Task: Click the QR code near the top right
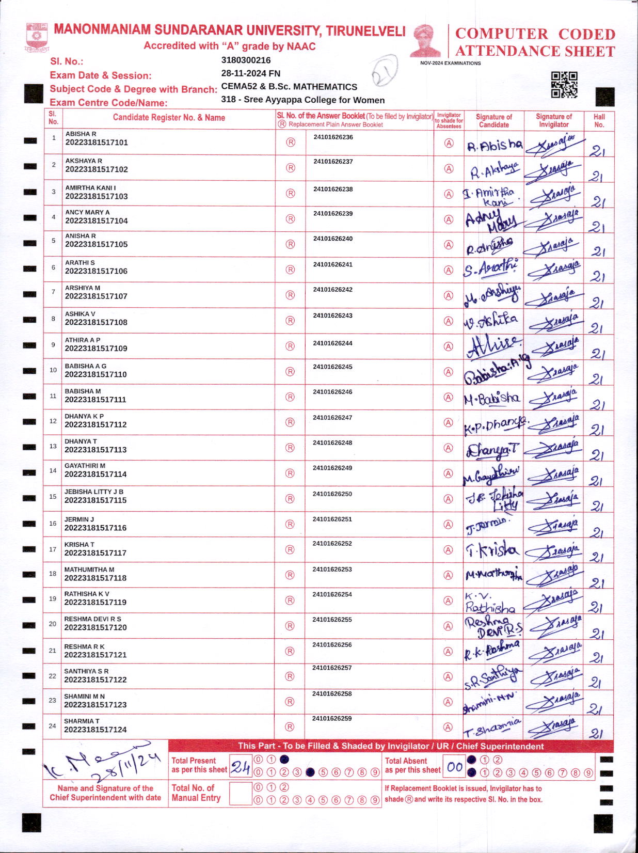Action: [564, 85]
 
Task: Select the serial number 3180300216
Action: [246, 60]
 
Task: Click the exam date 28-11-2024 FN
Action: [251, 73]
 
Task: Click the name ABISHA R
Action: [81, 134]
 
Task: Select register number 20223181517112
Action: [95, 424]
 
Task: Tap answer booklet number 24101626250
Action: [332, 494]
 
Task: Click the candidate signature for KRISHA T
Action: [492, 550]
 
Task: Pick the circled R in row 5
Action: [291, 244]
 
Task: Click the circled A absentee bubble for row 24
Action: [448, 727]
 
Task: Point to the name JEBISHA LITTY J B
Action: [94, 492]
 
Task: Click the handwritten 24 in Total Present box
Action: [241, 767]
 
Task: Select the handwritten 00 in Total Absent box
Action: [455, 767]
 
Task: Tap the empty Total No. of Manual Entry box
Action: [240, 794]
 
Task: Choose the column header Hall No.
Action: [599, 120]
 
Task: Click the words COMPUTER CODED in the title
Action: [535, 34]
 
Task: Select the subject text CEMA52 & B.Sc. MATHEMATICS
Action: [289, 87]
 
